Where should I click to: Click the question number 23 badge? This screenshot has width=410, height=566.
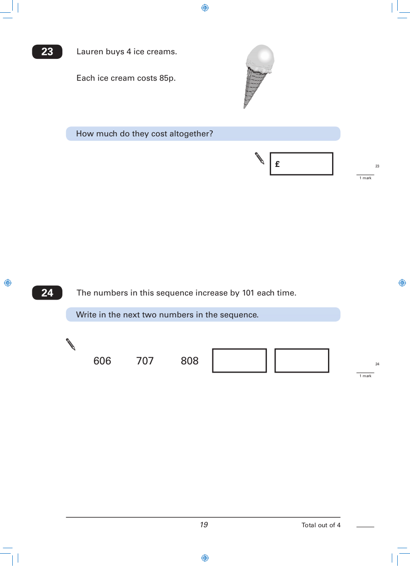pos(47,52)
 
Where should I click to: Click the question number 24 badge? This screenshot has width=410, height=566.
pos(47,293)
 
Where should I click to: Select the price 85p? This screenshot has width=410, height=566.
pos(167,78)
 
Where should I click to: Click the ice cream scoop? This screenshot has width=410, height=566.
pos(260,58)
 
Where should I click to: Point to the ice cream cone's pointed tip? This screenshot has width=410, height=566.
pos(244,108)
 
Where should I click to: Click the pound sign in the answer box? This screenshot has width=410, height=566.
pos(277,164)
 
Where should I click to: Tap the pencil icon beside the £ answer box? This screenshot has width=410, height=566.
pos(260,158)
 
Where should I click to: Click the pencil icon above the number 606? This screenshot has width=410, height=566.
pos(71,344)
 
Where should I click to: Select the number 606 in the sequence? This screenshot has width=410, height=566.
pos(102,361)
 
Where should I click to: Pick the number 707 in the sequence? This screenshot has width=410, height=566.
pos(145,361)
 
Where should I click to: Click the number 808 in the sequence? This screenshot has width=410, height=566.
pos(190,361)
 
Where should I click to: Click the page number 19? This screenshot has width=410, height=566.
pos(204,525)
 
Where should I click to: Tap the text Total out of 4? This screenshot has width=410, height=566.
pos(321,525)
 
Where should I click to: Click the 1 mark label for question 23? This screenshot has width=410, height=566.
pos(365,178)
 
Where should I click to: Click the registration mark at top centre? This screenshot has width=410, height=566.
pos(205,8)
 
